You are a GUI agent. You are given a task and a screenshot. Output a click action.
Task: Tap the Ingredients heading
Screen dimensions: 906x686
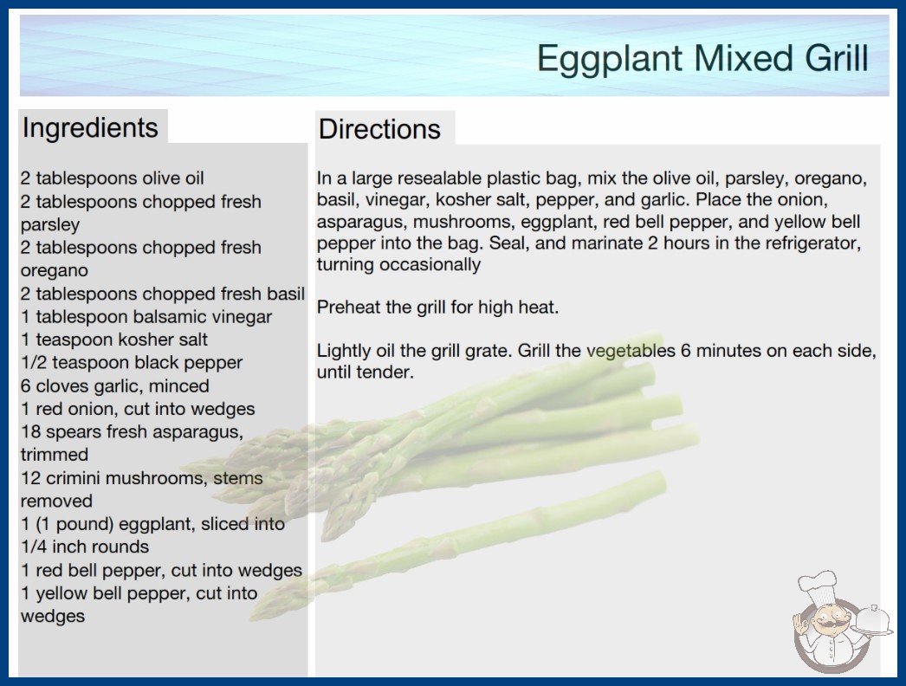[90, 127]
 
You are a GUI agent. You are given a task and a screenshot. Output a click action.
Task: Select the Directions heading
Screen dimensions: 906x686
[379, 129]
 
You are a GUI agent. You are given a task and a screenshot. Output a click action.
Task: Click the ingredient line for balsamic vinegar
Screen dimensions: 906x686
[146, 317]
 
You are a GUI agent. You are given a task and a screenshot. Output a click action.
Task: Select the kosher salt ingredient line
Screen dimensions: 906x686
[114, 340]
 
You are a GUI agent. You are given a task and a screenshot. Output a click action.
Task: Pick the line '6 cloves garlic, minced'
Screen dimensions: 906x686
[115, 385]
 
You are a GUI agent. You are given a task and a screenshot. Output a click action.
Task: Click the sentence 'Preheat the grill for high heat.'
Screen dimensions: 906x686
[437, 307]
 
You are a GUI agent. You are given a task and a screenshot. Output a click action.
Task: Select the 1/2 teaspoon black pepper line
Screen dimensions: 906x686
[132, 362]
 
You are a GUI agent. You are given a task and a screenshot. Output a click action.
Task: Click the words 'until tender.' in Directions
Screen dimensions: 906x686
[366, 372]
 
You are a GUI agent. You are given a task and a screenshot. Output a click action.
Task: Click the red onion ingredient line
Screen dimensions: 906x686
[138, 409]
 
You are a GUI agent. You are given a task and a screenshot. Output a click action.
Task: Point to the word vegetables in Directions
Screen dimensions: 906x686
[631, 351]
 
